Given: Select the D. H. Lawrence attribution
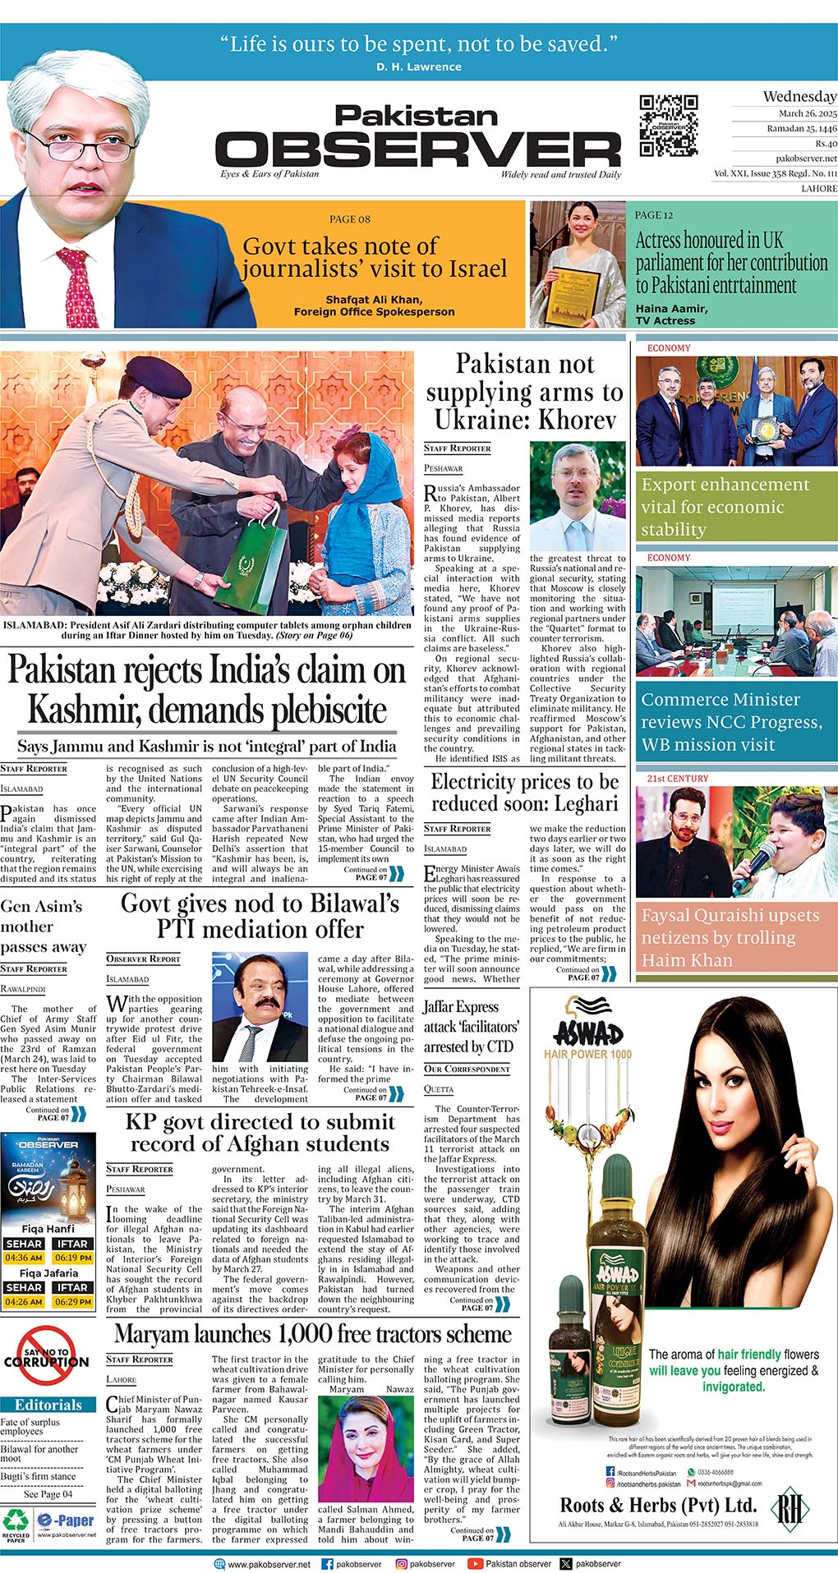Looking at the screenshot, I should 418,67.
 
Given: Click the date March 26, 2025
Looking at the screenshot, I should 808,113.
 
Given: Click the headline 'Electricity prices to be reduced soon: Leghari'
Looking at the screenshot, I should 525,792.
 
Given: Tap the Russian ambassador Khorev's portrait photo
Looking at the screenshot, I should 577,496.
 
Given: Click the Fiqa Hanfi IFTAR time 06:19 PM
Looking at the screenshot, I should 73,1258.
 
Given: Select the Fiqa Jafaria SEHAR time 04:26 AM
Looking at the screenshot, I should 24,1302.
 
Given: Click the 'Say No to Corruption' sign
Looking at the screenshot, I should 47,1360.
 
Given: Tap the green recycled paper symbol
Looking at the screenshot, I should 16,1520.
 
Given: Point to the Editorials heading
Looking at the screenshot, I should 48,1405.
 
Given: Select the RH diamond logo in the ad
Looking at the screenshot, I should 790,1506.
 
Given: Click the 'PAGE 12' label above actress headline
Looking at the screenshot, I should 653,215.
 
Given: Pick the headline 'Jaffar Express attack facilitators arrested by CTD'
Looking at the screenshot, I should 471,1026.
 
